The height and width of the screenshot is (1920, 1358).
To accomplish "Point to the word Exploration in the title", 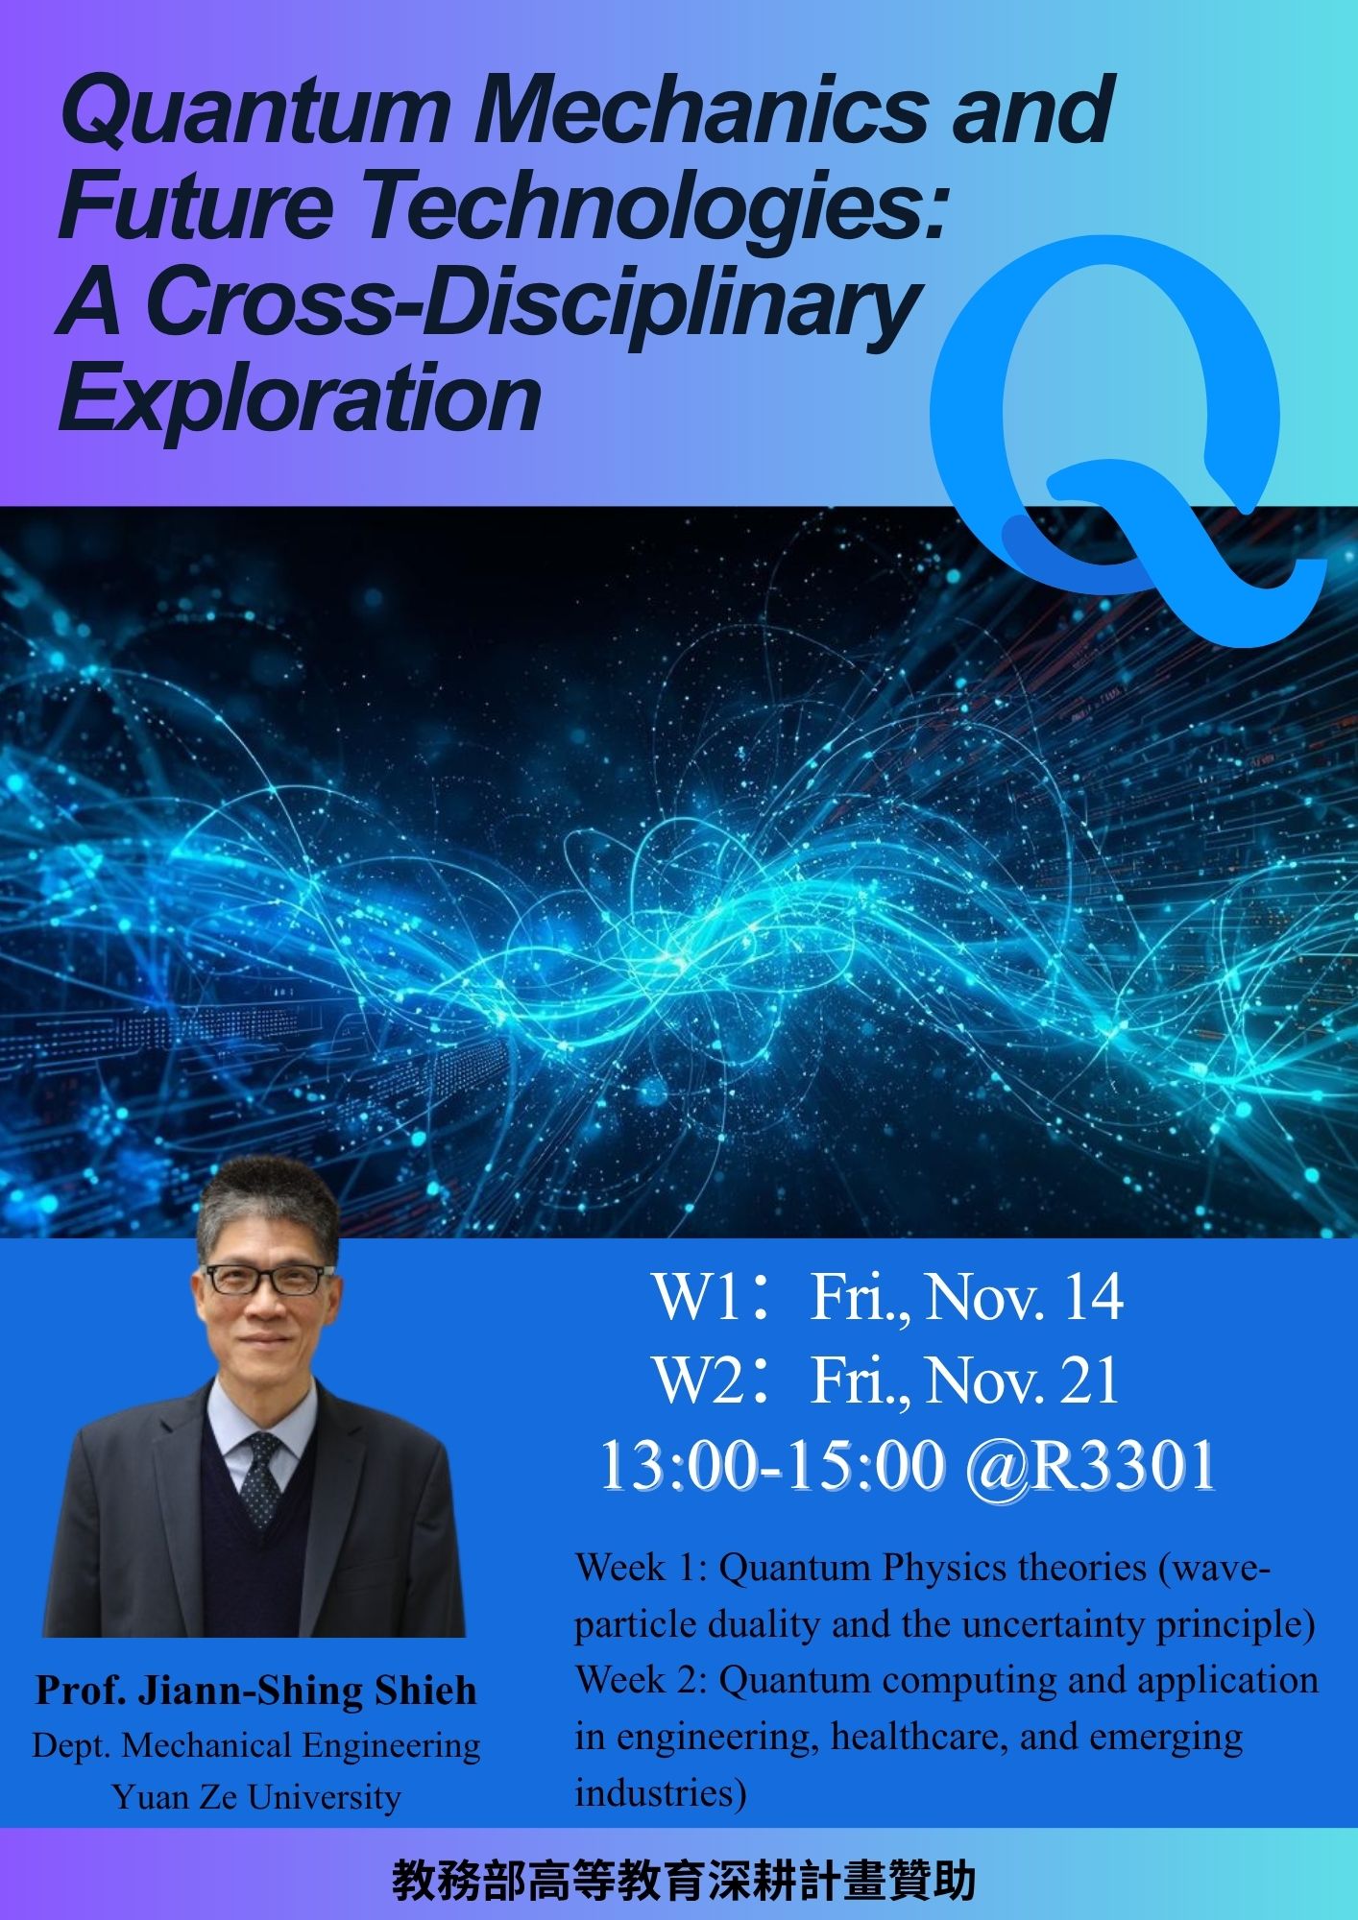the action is [301, 399].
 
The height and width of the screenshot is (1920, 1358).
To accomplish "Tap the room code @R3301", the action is [1090, 1467].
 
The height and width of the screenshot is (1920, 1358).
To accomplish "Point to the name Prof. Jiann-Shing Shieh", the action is [256, 1691].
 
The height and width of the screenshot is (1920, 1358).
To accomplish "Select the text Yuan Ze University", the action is [256, 1796].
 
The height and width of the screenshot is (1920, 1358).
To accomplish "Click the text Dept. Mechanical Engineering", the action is [256, 1744].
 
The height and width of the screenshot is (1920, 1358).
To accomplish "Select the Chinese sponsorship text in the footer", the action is [684, 1882].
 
